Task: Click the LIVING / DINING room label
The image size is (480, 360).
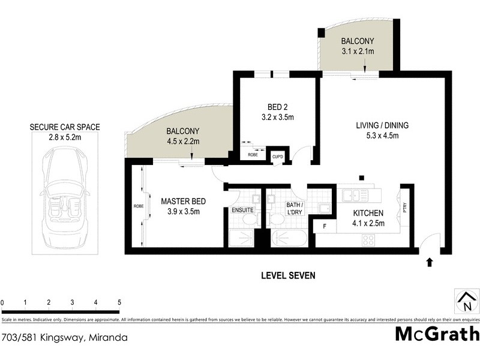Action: tap(382, 125)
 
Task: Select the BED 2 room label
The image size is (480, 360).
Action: tap(273, 107)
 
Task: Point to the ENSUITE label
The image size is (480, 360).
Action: tap(242, 210)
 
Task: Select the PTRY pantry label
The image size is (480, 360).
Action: tap(406, 208)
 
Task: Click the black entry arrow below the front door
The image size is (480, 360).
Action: tap(430, 262)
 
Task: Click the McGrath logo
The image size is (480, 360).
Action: tap(437, 334)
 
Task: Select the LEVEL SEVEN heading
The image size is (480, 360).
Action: tap(288, 275)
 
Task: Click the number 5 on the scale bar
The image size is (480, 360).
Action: tap(119, 302)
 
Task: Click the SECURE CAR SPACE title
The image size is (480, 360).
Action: tap(65, 127)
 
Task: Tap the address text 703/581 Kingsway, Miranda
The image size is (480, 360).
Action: tap(65, 338)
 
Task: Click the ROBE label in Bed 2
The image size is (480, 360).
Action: tap(253, 155)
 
